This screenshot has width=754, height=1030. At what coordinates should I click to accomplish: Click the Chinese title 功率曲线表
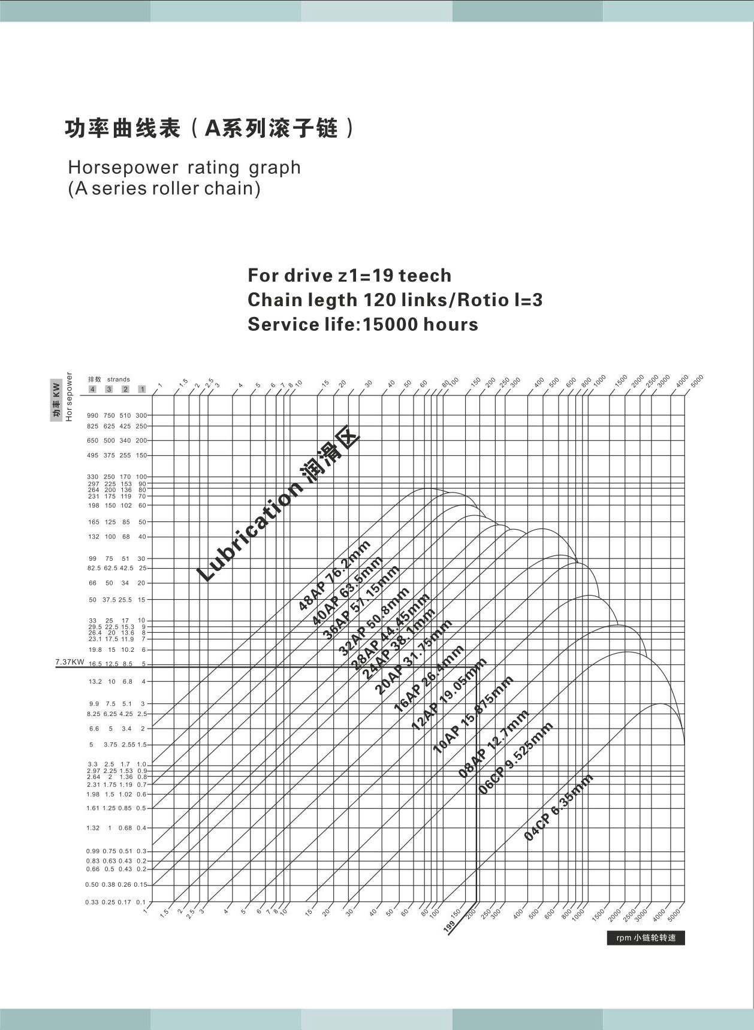pyautogui.click(x=122, y=129)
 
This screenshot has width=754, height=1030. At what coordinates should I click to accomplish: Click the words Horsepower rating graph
pyautogui.click(x=184, y=167)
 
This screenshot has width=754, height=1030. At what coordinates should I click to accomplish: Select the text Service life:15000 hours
pyautogui.click(x=363, y=324)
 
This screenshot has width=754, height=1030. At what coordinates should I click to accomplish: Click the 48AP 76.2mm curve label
pyautogui.click(x=334, y=575)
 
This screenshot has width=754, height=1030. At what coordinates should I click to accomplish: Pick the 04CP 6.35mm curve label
pyautogui.click(x=559, y=807)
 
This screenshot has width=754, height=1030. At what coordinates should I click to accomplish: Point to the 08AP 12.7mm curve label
pyautogui.click(x=493, y=743)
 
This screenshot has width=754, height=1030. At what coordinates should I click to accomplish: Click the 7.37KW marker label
pyautogui.click(x=70, y=662)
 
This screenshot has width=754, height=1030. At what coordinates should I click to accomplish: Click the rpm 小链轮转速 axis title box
pyautogui.click(x=646, y=938)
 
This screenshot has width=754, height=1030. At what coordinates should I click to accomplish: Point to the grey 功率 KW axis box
pyautogui.click(x=56, y=400)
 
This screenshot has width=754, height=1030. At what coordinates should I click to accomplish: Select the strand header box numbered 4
pyautogui.click(x=92, y=389)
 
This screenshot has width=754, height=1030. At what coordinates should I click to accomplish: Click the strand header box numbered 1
pyautogui.click(x=142, y=389)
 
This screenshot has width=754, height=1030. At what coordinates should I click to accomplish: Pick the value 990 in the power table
pyautogui.click(x=92, y=415)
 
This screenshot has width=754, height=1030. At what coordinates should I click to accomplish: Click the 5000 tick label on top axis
pyautogui.click(x=696, y=380)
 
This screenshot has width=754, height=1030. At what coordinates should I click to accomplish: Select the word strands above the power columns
pyautogui.click(x=119, y=379)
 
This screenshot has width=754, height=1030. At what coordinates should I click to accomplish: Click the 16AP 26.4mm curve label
pyautogui.click(x=429, y=678)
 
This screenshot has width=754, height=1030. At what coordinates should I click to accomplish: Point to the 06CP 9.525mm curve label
pyautogui.click(x=516, y=759)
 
